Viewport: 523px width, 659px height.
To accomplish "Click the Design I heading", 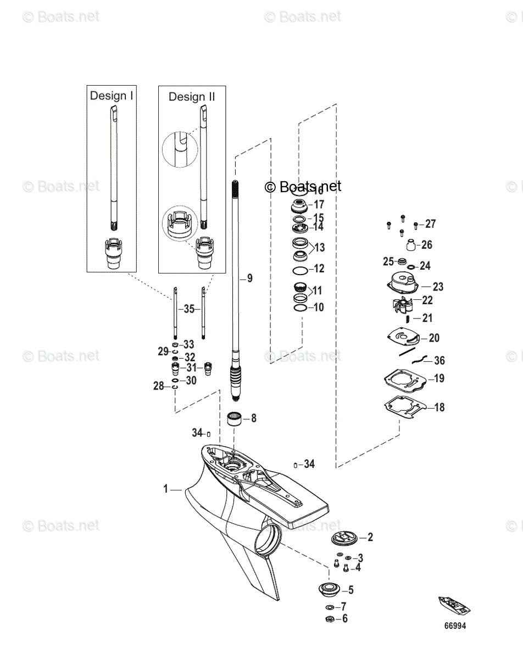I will (112, 96).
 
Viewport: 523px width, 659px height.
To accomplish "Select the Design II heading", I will (192, 97).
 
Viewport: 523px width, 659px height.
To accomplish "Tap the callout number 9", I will (250, 278).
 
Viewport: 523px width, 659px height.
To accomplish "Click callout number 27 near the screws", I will (430, 224).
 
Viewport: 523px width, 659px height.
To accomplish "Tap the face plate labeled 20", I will (404, 337).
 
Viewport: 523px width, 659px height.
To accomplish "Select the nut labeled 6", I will (330, 619).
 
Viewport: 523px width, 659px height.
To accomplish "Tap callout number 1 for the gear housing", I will (166, 488).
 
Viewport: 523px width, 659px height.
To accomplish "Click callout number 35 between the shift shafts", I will (189, 309).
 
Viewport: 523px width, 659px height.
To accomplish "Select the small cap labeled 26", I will (410, 244).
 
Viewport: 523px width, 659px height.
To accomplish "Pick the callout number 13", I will (319, 248).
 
